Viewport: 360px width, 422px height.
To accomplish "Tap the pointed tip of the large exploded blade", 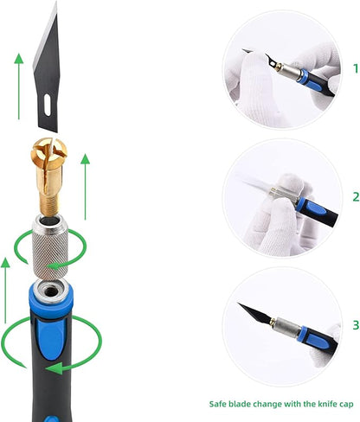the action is click(56, 2).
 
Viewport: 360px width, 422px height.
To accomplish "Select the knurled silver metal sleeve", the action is click(50, 247).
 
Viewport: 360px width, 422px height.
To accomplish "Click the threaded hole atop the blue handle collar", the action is click(51, 291).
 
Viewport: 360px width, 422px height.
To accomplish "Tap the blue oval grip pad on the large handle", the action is click(50, 340).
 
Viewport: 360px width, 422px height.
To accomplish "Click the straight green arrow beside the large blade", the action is click(19, 86).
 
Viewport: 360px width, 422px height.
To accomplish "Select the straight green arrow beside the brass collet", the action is click(85, 187).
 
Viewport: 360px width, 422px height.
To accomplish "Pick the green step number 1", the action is click(356, 68).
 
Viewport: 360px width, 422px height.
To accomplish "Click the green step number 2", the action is click(356, 197).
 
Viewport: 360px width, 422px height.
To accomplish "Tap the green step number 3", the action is click(356, 325).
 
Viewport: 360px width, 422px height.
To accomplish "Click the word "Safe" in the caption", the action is click(217, 404).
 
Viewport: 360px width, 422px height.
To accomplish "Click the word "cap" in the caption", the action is click(346, 405).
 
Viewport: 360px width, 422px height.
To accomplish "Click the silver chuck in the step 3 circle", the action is click(286, 328).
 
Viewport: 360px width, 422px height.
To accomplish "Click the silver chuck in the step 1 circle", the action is click(289, 72).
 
